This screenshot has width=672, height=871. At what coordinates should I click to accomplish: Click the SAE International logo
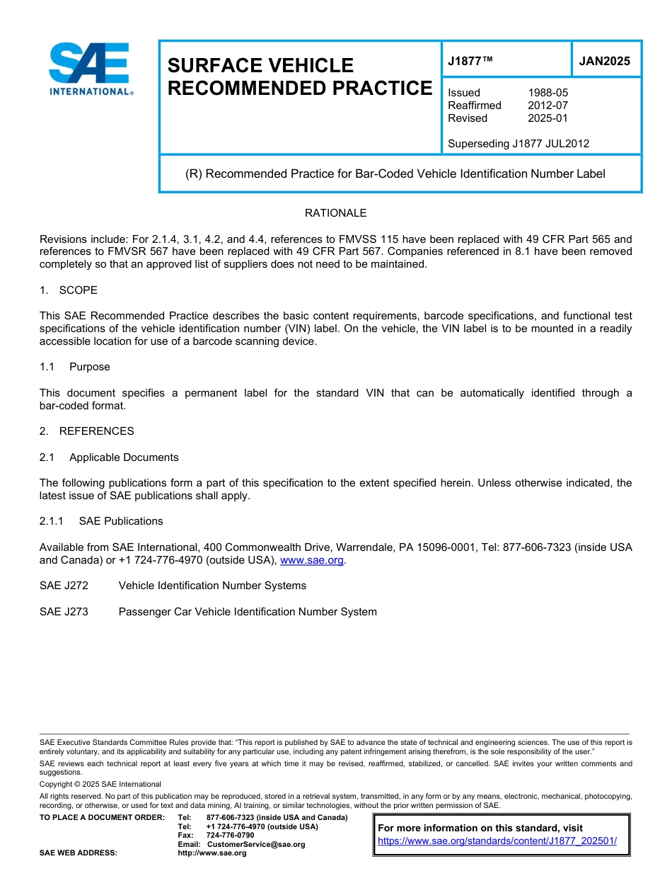[90, 68]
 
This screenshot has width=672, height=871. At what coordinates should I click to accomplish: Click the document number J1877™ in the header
[470, 61]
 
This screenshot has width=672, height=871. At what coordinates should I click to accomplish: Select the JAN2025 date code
[604, 61]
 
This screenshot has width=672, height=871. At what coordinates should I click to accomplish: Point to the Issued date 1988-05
[548, 93]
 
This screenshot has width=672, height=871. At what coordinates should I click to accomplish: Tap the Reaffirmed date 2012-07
[548, 106]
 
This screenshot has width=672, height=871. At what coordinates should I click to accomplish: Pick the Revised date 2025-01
[548, 118]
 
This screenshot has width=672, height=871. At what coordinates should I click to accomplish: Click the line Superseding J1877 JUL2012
[518, 144]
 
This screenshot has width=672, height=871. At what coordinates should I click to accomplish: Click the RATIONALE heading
[335, 213]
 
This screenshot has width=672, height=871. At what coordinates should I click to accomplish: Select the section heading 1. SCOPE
[69, 290]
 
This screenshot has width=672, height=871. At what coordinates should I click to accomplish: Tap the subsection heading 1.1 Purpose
[75, 367]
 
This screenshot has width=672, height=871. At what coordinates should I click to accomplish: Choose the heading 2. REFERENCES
[86, 431]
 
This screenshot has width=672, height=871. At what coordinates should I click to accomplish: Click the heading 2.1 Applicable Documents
[109, 457]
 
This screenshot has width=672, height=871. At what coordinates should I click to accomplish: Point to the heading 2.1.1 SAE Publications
[101, 521]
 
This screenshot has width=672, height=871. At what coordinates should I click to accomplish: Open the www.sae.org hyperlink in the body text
[312, 560]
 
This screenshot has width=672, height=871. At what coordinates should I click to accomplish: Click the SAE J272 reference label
[64, 586]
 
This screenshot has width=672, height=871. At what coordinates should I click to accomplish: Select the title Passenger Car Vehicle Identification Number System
[248, 612]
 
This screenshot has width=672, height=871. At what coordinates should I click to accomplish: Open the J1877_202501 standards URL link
[497, 841]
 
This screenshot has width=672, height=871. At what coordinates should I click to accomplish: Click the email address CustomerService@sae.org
[256, 844]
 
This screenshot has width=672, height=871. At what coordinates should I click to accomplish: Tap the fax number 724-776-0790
[231, 836]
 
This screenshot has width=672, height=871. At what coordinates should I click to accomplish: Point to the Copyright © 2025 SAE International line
[100, 784]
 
